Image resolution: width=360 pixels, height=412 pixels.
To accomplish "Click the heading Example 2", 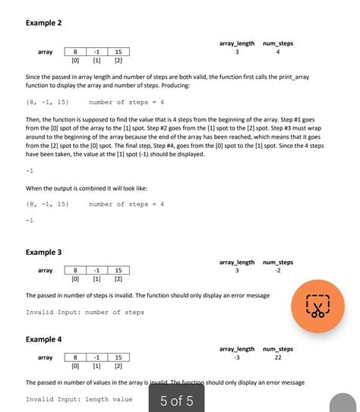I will [43, 24].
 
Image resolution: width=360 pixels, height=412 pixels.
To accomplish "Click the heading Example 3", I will [43, 252].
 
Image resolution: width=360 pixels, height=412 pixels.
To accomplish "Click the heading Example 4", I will [43, 339].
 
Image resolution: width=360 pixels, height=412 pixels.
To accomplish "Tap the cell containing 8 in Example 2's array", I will [75, 52].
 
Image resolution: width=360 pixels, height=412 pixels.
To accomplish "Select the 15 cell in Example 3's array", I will [118, 270].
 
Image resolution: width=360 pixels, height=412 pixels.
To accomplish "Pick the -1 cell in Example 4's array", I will [96, 357].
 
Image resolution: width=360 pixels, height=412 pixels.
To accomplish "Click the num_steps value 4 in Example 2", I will [278, 52].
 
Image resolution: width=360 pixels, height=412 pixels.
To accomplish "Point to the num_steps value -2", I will [278, 271].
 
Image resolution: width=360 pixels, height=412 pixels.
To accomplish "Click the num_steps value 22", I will [278, 357].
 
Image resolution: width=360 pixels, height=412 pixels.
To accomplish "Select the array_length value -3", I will [237, 357].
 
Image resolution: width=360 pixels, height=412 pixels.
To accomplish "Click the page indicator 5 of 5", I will [176, 401].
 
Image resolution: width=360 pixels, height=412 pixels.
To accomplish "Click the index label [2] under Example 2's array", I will [118, 60].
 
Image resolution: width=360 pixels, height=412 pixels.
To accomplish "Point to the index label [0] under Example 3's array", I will [75, 278].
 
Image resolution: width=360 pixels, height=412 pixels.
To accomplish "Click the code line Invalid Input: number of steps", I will [84, 312].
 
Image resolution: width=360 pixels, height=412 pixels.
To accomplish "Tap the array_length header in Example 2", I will [237, 44].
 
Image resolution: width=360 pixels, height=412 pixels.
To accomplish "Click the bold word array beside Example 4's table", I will [45, 357].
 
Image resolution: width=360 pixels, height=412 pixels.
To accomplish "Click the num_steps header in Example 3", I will [278, 263].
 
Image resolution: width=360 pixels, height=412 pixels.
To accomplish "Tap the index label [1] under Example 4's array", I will [96, 366].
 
